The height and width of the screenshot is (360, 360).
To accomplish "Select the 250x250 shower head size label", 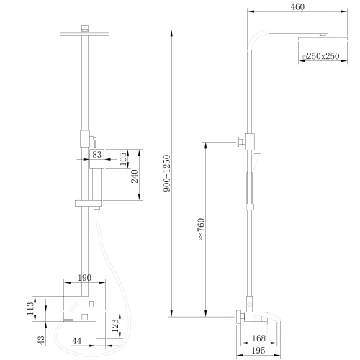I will (x=322, y=55).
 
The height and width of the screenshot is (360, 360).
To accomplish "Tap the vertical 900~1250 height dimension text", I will (x=168, y=173).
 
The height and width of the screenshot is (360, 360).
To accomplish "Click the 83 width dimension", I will (x=96, y=154).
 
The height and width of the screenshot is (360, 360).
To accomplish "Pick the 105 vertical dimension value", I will (x=123, y=156).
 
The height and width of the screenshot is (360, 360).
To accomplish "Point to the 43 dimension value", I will (x=42, y=338).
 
